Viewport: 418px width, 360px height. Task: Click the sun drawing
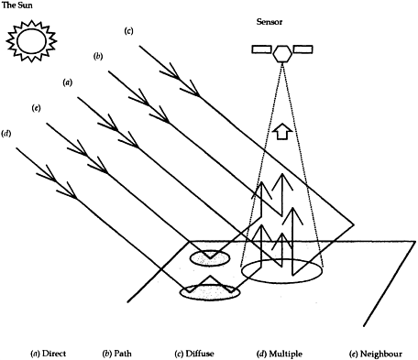pyautogui.click(x=31, y=40)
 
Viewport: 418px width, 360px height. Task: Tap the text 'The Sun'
pyautogui.click(x=17, y=5)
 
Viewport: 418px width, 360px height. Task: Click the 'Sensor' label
pyautogui.click(x=269, y=22)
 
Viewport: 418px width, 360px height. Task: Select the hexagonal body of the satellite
pyautogui.click(x=282, y=54)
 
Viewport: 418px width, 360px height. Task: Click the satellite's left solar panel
pyautogui.click(x=261, y=49)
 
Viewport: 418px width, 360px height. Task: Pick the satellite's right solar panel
pyautogui.click(x=302, y=49)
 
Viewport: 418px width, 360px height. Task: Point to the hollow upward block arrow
pyautogui.click(x=281, y=131)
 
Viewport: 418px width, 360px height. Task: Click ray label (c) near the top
pyautogui.click(x=128, y=31)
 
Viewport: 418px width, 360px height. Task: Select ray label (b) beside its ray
pyautogui.click(x=98, y=57)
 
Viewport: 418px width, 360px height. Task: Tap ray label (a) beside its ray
pyautogui.click(x=68, y=82)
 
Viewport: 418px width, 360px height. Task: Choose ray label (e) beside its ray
pyautogui.click(x=36, y=108)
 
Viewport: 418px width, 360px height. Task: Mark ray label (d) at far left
pyautogui.click(x=6, y=134)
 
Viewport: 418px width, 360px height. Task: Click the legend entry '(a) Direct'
pyautogui.click(x=49, y=354)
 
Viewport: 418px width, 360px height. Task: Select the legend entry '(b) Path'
pyautogui.click(x=116, y=354)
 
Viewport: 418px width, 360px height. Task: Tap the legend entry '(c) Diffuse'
pyautogui.click(x=194, y=354)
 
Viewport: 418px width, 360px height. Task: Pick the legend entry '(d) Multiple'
pyautogui.click(x=280, y=354)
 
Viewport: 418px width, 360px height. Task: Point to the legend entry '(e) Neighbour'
pyautogui.click(x=376, y=354)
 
